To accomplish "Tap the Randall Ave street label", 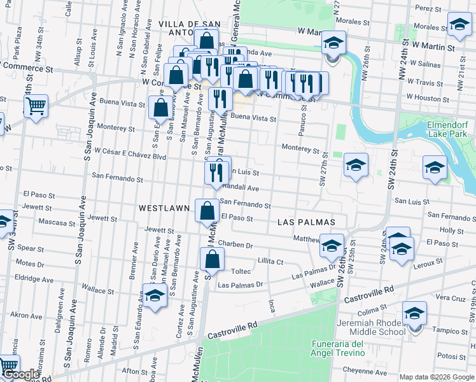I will [x=240, y=188].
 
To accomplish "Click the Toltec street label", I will [x=241, y=271].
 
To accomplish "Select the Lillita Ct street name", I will [x=270, y=261].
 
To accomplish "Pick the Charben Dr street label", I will [x=235, y=244].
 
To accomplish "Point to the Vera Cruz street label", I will [x=451, y=298].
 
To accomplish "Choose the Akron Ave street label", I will [x=26, y=315].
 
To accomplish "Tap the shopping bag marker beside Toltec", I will [x=213, y=259].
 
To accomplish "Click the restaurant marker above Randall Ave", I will [x=217, y=171].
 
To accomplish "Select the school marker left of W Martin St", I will [x=332, y=44].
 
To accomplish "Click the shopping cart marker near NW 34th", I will [x=36, y=106].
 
